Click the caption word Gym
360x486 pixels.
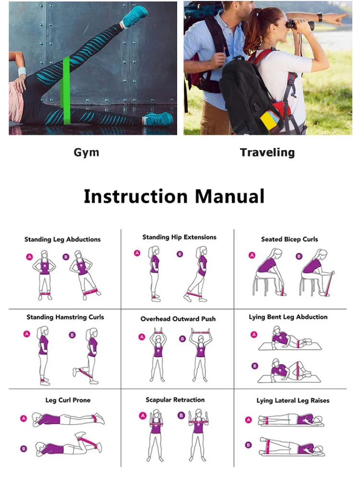(86, 153)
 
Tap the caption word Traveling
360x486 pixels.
(267, 153)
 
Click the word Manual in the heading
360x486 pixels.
(229, 196)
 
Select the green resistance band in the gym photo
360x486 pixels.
(66, 91)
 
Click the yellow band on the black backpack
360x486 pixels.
(268, 120)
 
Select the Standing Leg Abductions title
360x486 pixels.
(62, 239)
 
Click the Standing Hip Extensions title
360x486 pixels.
(179, 237)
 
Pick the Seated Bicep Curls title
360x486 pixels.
(289, 239)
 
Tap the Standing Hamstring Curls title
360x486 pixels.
(65, 317)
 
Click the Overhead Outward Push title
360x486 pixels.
(178, 319)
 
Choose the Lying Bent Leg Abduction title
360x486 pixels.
(288, 317)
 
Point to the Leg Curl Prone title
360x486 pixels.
(68, 400)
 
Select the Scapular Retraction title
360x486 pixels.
(175, 400)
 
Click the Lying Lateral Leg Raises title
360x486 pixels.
(293, 401)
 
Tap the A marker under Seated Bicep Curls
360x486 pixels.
(252, 255)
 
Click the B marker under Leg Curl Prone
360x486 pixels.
(24, 449)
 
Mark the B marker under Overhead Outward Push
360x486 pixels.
(182, 339)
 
